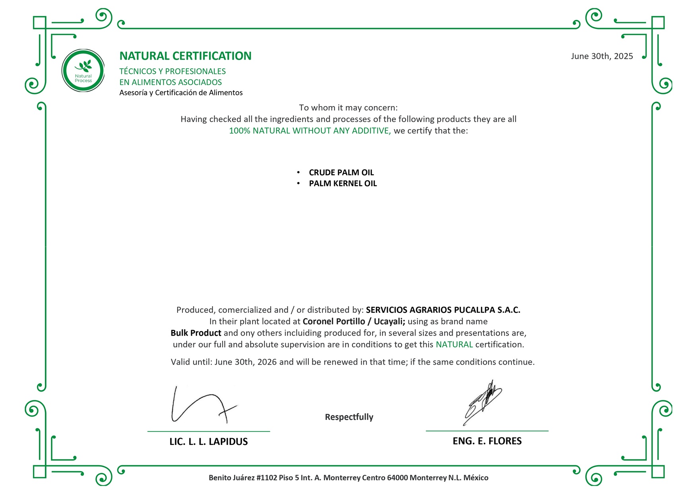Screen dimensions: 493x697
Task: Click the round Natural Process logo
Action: click(x=83, y=71)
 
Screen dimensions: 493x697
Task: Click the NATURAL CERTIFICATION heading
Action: click(x=185, y=56)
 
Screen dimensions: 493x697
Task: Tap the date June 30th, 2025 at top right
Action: click(x=602, y=56)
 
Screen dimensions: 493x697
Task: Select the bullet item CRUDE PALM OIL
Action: click(x=341, y=173)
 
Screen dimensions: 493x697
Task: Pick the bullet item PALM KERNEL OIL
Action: click(x=343, y=184)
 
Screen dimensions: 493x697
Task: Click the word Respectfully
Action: click(x=349, y=417)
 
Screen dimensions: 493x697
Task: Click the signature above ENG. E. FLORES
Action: click(x=482, y=402)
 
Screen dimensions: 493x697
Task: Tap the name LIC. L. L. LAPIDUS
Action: click(x=209, y=442)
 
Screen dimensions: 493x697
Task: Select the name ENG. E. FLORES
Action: click(x=487, y=441)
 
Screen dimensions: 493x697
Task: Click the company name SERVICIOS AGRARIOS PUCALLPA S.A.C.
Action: click(x=443, y=310)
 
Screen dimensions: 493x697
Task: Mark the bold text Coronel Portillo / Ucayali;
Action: click(x=354, y=322)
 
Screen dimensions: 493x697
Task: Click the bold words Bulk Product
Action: click(x=196, y=333)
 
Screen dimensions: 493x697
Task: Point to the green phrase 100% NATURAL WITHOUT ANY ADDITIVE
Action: click(x=310, y=131)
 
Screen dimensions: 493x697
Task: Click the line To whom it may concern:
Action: click(x=348, y=108)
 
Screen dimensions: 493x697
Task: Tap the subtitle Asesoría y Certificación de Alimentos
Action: click(x=181, y=93)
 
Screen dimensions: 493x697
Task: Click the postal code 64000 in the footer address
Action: click(x=397, y=478)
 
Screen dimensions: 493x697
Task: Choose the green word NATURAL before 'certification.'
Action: click(x=454, y=345)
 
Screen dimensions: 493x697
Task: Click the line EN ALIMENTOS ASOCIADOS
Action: click(x=170, y=82)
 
